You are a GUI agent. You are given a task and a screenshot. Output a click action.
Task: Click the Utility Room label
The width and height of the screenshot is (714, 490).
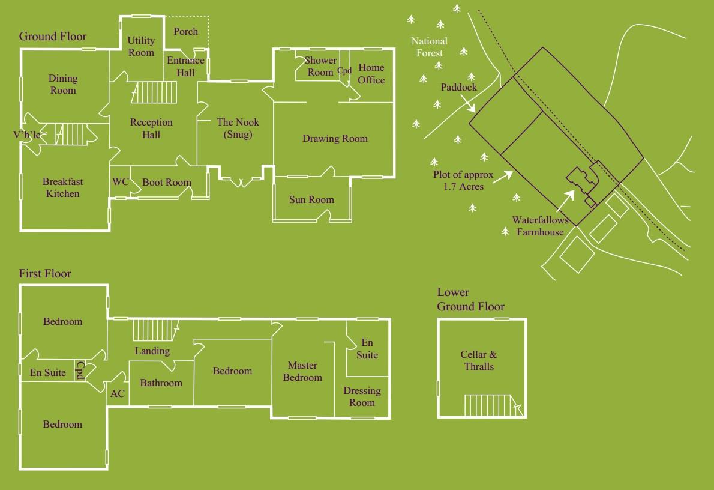(142, 46)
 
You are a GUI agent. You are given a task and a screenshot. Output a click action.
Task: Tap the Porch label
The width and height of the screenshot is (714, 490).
(185, 31)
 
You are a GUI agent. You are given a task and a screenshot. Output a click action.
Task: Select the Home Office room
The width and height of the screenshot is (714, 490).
(371, 74)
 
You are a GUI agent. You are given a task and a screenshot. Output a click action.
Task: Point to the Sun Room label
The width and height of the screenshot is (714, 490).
(311, 199)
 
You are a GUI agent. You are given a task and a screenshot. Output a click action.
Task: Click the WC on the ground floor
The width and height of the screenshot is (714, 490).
(121, 182)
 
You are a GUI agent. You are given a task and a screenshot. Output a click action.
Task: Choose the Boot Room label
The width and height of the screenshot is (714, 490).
(167, 182)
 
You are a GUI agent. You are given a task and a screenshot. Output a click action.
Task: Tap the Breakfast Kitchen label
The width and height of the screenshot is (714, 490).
(62, 187)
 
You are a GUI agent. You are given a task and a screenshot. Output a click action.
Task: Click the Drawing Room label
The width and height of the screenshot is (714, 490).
(335, 138)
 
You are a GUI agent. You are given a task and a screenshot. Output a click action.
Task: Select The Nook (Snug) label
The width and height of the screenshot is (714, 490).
(238, 128)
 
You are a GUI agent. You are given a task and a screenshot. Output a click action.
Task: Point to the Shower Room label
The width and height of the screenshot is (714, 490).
(320, 66)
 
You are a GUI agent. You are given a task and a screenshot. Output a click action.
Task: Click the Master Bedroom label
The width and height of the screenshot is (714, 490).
(302, 371)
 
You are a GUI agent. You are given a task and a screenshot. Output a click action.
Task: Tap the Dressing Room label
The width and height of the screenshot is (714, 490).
(362, 396)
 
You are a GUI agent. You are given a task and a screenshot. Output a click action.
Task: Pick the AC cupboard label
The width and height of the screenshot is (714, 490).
(118, 394)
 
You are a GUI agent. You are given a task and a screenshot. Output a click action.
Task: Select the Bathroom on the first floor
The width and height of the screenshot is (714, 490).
(161, 383)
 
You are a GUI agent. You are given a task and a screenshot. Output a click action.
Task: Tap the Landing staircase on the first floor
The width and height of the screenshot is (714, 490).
(155, 330)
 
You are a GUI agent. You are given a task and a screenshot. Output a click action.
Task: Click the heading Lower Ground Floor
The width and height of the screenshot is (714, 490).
(470, 300)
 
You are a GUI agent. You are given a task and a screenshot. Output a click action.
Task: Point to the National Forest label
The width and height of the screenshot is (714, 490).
(429, 47)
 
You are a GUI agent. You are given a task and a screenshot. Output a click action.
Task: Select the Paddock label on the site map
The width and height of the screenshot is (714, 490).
(459, 87)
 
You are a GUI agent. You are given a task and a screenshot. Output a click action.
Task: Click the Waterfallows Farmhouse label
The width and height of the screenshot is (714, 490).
(540, 226)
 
